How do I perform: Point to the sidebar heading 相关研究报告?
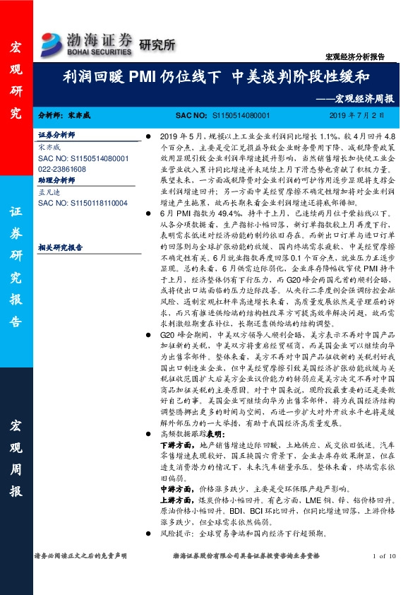point(60,247)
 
